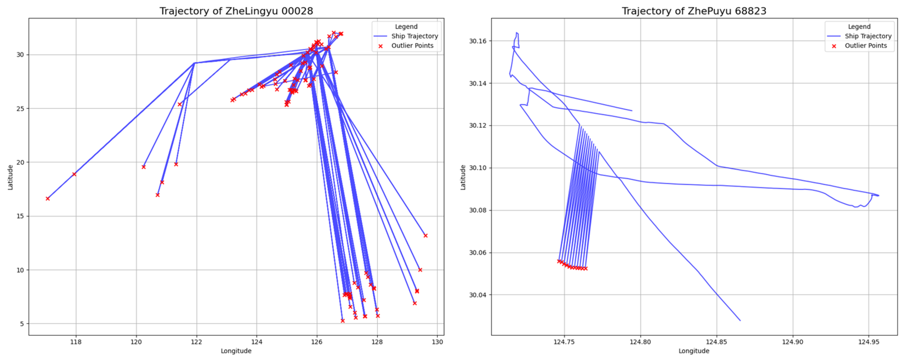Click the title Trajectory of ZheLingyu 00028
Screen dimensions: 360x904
(x=236, y=11)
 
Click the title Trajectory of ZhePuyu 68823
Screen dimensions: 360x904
(x=694, y=11)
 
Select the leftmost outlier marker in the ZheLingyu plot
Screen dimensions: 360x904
(x=48, y=199)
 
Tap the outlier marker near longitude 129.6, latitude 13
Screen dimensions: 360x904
(x=425, y=236)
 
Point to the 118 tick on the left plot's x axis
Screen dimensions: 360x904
(x=76, y=342)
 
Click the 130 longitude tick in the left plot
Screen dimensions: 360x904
(x=437, y=342)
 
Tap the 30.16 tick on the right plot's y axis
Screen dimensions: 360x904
(x=478, y=41)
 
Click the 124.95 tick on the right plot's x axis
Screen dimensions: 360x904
(x=868, y=342)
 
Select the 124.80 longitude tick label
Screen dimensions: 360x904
(x=640, y=342)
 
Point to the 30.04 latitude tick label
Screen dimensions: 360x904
(x=478, y=295)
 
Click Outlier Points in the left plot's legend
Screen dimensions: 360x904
(x=412, y=46)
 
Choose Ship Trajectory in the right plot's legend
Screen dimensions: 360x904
(x=868, y=36)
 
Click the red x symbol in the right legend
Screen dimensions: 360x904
(x=834, y=46)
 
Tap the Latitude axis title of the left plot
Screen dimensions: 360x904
(x=11, y=178)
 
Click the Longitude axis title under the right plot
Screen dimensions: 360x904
(x=693, y=351)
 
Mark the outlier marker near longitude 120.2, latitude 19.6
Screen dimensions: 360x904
(x=143, y=167)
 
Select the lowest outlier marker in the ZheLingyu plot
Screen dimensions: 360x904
(x=343, y=321)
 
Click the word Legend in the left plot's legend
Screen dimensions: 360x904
(x=406, y=27)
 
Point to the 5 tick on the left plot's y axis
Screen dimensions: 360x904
(x=22, y=324)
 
